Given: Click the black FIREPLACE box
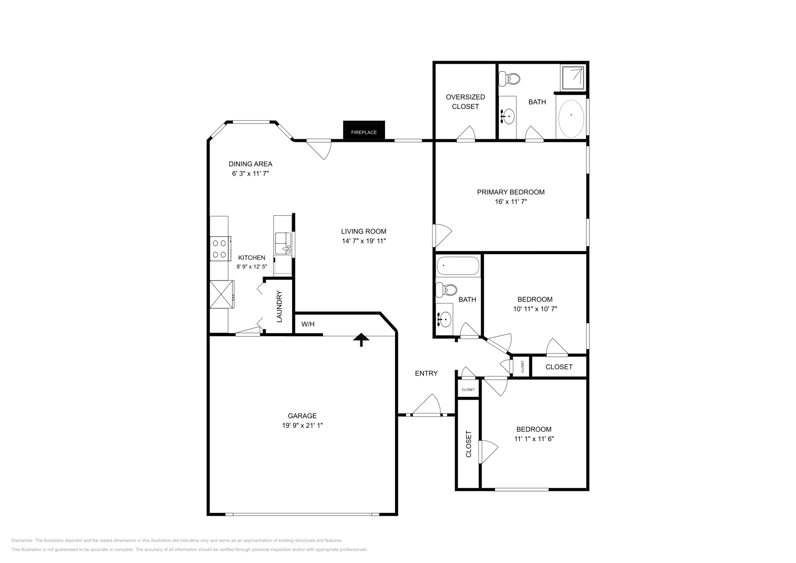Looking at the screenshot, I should (x=364, y=131).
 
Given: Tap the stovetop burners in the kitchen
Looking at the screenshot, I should (x=219, y=249).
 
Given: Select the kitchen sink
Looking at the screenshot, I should (x=282, y=243).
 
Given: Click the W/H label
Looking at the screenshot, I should (x=308, y=324).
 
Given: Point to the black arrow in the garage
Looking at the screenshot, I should (x=362, y=340).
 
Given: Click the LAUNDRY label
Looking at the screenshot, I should (x=279, y=306).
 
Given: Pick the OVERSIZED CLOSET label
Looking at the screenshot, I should (x=465, y=101).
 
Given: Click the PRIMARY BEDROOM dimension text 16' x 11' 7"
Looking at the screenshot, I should (x=510, y=202).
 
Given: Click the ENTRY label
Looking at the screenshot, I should (x=426, y=373).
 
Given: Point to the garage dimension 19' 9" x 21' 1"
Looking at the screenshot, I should (x=302, y=426).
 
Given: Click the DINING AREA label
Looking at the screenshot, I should (x=250, y=164).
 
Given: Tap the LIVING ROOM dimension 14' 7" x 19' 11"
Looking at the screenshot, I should (x=363, y=241).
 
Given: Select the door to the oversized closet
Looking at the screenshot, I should (x=466, y=135).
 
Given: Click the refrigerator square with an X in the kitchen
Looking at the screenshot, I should (x=221, y=294).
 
